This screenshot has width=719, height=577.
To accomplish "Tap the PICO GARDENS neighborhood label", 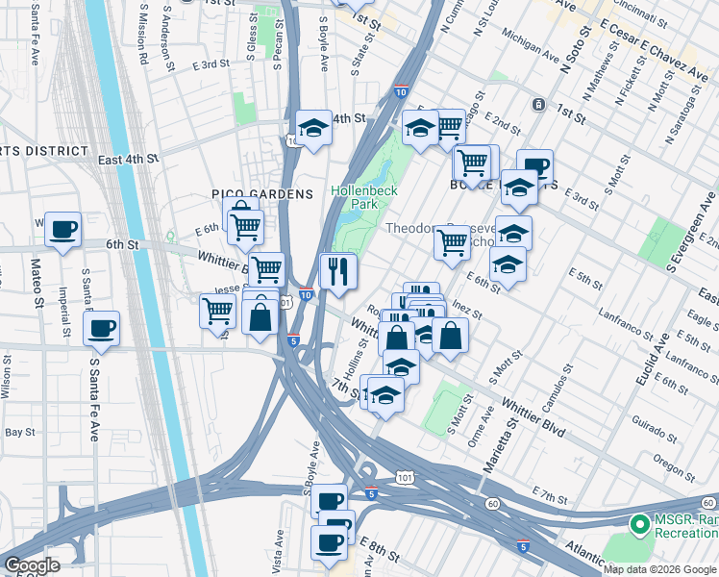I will (x=263, y=194).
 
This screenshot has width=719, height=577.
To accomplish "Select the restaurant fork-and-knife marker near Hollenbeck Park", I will (x=337, y=270).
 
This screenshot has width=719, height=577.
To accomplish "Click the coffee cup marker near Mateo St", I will (x=63, y=230).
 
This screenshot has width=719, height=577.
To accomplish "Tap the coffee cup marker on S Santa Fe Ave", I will (x=101, y=330).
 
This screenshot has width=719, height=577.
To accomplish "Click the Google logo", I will (x=32, y=565).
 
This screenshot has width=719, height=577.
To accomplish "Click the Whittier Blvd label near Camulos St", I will (x=530, y=416).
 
